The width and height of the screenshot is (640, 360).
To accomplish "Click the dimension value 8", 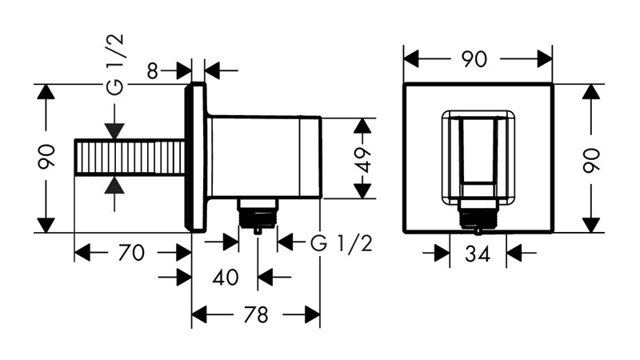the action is pos(152,71).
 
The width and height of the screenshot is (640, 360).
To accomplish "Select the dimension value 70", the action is pos(131,253).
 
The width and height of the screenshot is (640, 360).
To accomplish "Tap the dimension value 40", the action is pos(226,278).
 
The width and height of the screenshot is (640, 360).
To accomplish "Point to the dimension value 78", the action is pos(256,314).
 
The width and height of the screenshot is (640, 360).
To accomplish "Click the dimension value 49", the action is pos(363,161).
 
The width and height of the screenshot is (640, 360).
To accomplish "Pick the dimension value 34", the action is pos(478,254).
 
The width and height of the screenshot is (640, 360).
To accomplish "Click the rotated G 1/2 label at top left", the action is pos(114,64).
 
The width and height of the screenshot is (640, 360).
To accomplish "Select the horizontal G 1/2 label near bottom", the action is pos(342,244).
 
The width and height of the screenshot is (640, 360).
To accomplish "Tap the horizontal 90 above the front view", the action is pos(474,59).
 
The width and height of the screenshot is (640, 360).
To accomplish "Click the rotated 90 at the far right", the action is pos(591,161).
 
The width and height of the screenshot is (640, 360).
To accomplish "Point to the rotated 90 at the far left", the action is pos(46,157).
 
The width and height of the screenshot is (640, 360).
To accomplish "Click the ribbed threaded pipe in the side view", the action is pos(130,157).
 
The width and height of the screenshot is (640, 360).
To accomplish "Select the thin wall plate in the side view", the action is pos(196,157).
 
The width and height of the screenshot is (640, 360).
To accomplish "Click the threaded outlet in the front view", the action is pos(478,215).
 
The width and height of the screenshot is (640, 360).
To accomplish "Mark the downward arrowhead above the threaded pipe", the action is pos(114,131).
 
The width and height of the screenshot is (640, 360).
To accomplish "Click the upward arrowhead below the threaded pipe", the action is pos(114,185).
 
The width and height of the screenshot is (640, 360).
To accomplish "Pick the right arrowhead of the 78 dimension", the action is pos(313,314).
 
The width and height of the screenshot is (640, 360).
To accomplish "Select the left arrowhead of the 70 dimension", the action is pos(82,253).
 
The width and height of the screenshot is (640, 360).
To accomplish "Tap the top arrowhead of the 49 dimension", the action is pos(362,126).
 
